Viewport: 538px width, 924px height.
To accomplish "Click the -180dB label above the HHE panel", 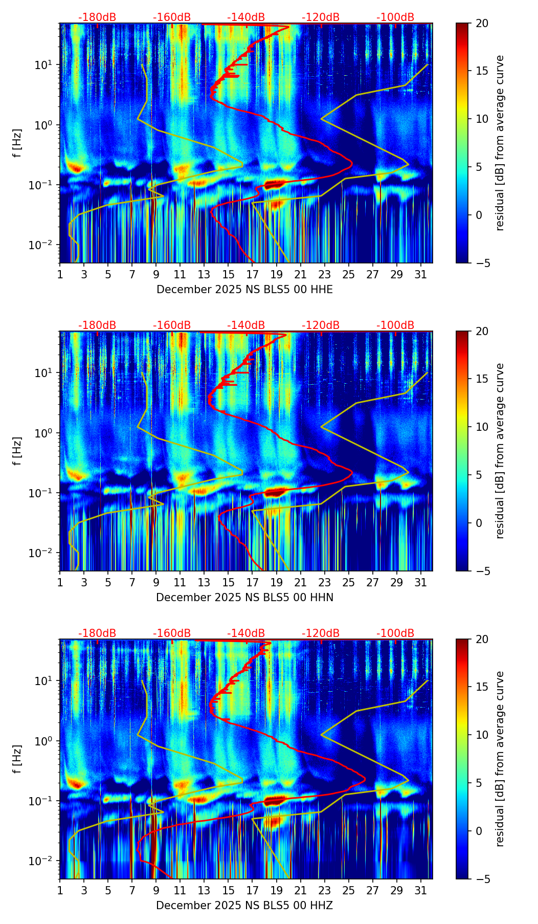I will pos(97,17).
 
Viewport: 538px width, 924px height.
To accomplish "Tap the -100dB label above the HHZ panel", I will pos(395,633).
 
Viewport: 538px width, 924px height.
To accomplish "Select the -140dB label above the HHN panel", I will pos(246,325).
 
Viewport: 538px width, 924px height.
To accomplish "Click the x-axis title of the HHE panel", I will pos(244,290).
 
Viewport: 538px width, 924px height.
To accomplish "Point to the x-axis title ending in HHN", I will pos(244,598).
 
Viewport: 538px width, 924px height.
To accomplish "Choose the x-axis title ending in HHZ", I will pos(244,906).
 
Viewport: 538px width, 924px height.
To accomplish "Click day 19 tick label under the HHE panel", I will pos(276,274).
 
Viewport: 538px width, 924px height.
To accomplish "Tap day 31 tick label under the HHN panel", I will pos(420,582).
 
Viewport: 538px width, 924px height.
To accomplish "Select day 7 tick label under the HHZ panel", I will pos(132,890).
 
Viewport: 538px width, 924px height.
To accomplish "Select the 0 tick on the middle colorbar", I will pos(477,523).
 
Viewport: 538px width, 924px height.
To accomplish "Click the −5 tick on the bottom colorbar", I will pos(479,879).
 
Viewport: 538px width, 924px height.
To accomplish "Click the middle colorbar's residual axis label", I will pos(500,451).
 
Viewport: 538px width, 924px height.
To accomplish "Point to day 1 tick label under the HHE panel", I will pos(60,274).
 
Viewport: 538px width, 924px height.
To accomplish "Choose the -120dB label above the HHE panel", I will pos(321,17).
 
